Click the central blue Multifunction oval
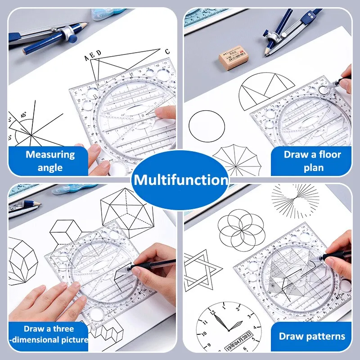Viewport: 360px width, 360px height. [180, 180]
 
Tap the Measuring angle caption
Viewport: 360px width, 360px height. [49, 161]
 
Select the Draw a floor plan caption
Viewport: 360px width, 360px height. [312, 161]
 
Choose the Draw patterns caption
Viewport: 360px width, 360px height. [312, 336]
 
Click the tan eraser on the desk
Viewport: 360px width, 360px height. [231, 59]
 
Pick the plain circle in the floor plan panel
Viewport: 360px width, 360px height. [207, 126]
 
